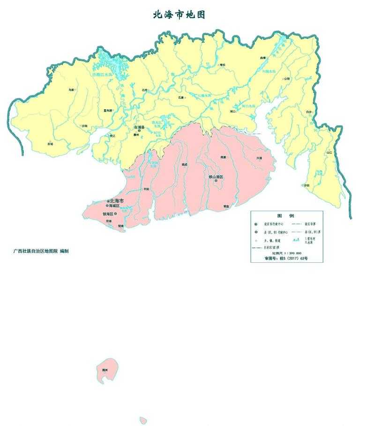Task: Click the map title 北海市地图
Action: (x=179, y=15)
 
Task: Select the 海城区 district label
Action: (x=114, y=206)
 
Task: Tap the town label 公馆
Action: (x=287, y=79)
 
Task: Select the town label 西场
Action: (x=50, y=144)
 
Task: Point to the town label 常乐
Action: (x=223, y=65)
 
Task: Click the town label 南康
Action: (x=224, y=158)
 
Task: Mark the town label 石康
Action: (x=181, y=98)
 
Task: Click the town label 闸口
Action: (x=233, y=112)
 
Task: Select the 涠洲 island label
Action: (x=105, y=370)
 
